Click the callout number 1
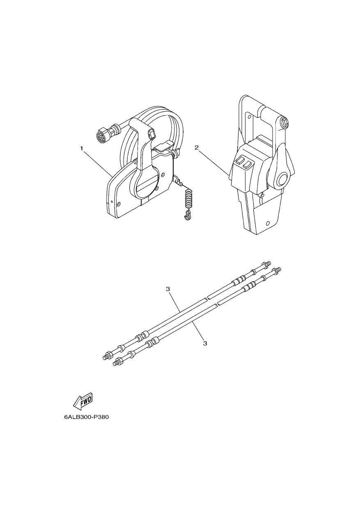pos(81,148)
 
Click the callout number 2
pos(197,148)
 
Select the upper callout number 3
pos(168,289)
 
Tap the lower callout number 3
pos(205,343)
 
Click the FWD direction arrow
pos(83,405)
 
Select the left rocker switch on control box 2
pos(240,160)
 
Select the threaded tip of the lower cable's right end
pos(279,269)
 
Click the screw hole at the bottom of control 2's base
pos(268,222)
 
